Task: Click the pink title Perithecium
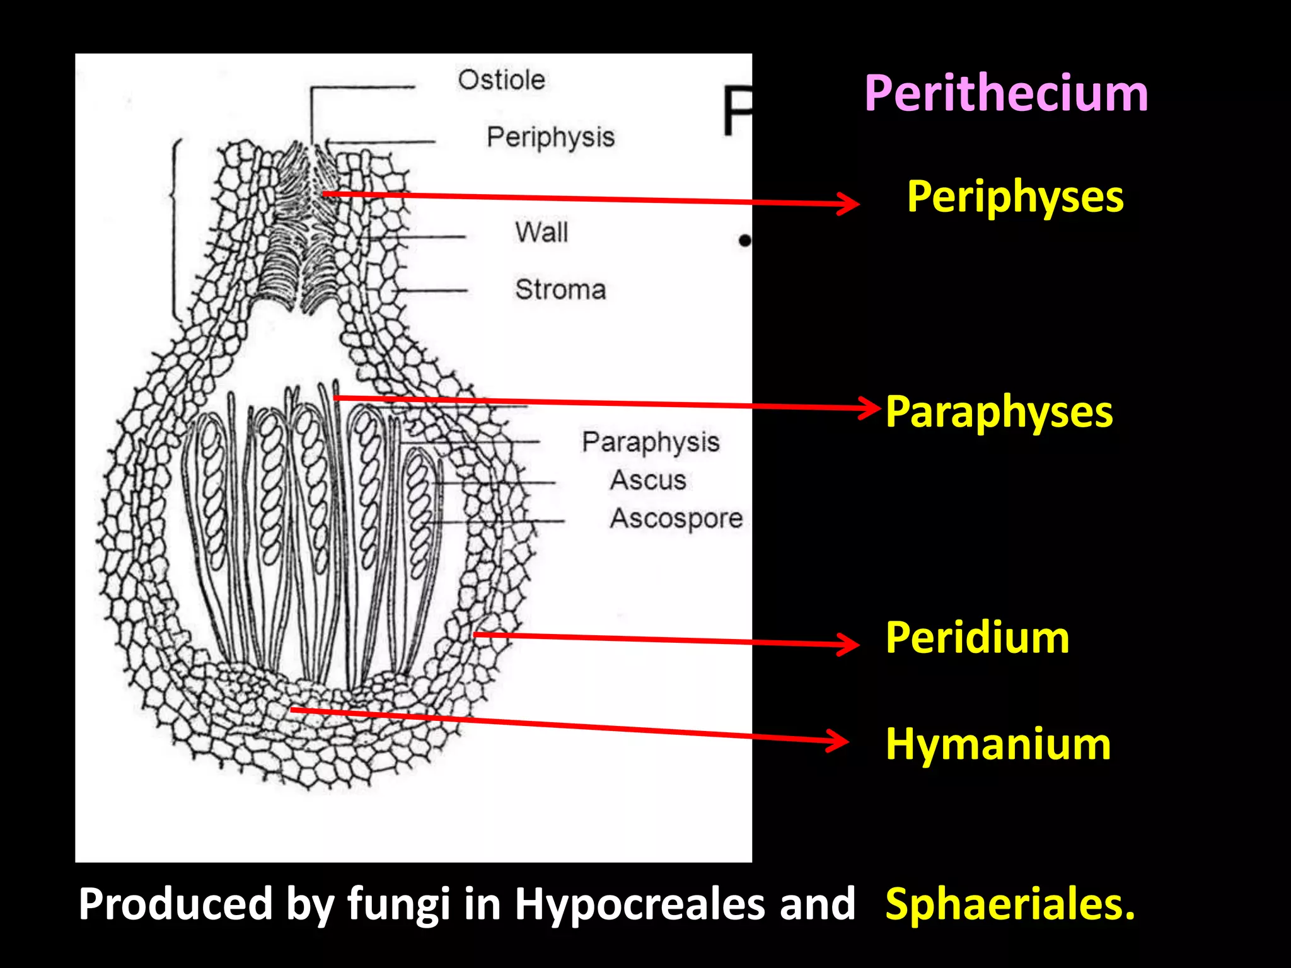(1005, 95)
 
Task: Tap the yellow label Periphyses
(1015, 197)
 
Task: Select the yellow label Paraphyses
(999, 413)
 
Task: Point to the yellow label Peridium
(977, 638)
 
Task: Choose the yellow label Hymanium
(998, 744)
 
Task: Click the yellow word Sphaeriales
(1010, 904)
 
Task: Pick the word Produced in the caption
(175, 904)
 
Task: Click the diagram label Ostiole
(501, 80)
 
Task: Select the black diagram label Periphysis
(550, 137)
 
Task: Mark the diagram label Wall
(541, 232)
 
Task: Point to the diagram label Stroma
(560, 290)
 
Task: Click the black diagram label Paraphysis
(651, 442)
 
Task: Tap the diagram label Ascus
(648, 480)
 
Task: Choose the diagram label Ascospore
(676, 519)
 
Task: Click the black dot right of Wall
(745, 240)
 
